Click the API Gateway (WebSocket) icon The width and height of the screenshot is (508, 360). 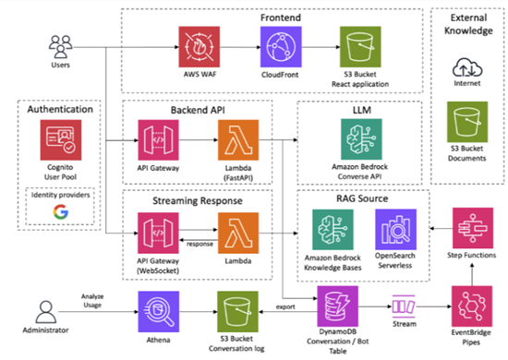[x=153, y=231]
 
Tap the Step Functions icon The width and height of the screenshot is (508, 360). [x=469, y=227]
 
